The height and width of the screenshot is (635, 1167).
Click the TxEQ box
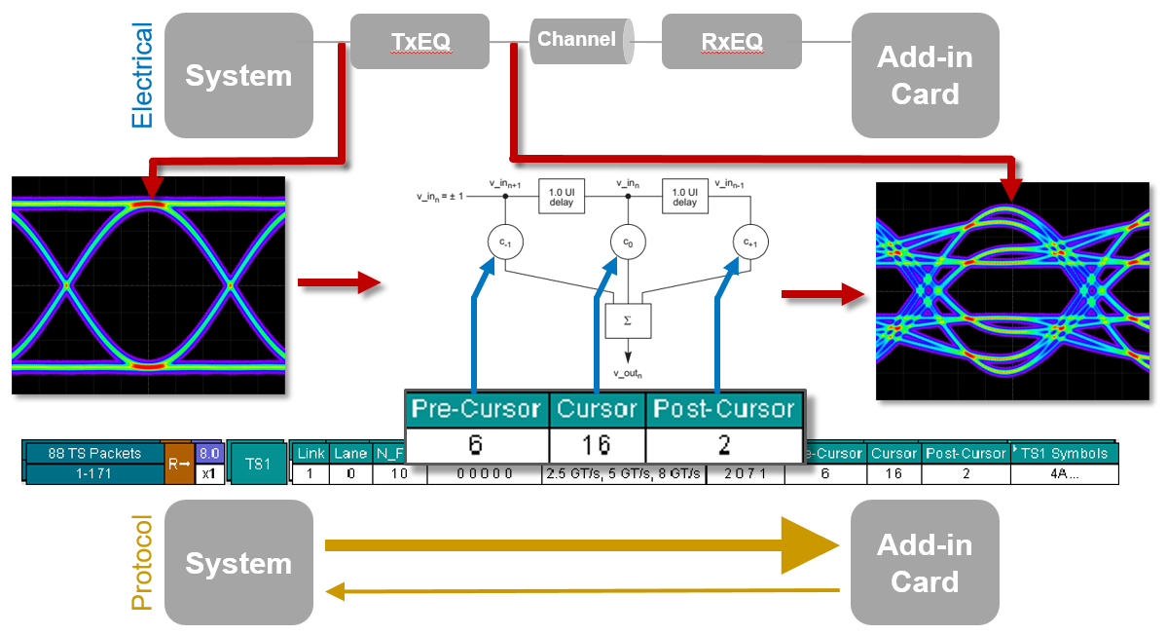tap(419, 41)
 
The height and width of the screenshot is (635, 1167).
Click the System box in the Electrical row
tap(238, 76)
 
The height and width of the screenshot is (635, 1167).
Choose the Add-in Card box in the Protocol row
tap(925, 563)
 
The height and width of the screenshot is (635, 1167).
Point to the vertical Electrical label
tap(142, 76)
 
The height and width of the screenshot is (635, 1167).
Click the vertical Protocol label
tap(142, 563)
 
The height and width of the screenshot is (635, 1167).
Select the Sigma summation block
tap(628, 318)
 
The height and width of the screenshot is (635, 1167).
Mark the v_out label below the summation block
tap(628, 372)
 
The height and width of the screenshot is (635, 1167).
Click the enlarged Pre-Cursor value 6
tap(476, 444)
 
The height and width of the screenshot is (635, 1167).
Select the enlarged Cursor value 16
tap(597, 444)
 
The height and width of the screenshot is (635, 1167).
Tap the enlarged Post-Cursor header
tap(723, 409)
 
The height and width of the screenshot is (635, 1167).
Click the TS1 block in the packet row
tap(258, 465)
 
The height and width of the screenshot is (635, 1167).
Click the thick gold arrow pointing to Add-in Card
tap(574, 545)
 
